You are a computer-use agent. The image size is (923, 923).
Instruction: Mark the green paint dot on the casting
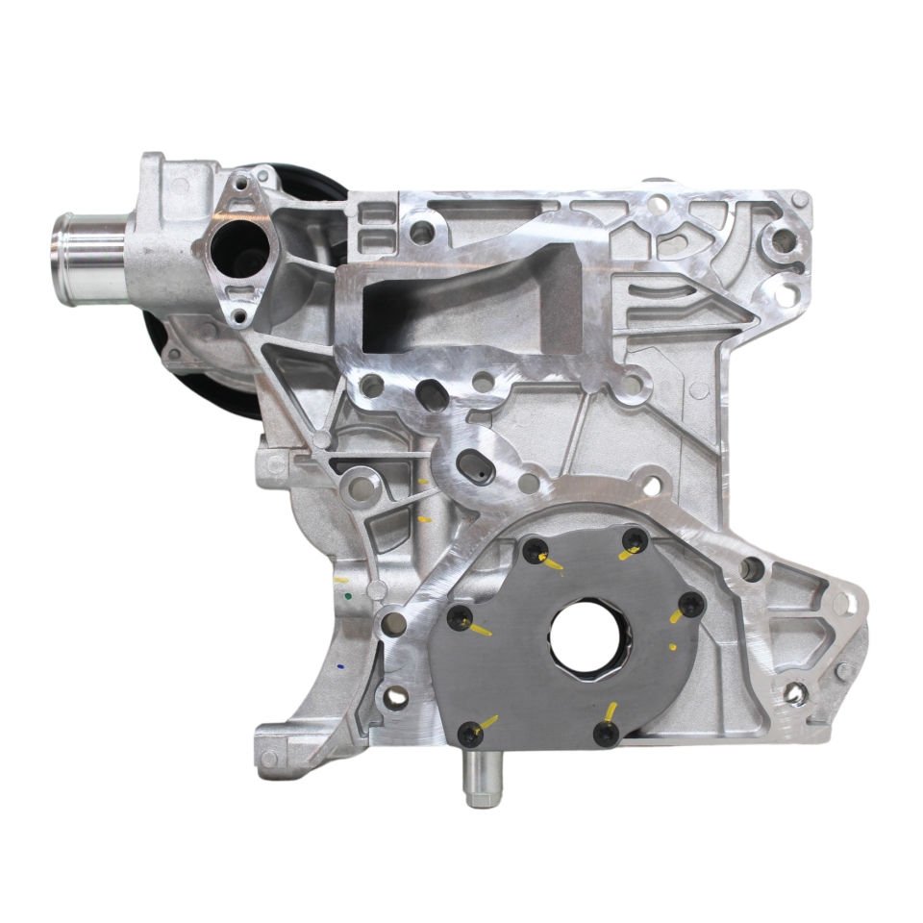346,596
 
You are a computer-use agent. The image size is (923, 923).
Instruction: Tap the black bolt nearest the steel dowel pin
470,734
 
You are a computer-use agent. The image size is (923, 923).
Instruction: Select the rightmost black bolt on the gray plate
692,604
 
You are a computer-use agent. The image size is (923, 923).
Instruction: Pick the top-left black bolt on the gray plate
535,550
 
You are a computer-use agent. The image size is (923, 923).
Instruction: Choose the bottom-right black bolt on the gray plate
607,733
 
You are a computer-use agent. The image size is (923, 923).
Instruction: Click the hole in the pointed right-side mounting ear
795,691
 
